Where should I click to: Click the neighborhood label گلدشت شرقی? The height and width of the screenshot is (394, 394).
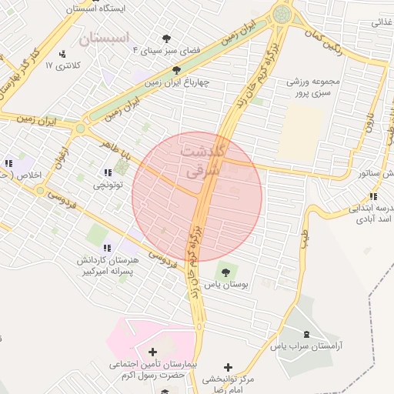[x=204, y=161]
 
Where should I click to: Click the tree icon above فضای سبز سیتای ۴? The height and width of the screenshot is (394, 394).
[x=167, y=37]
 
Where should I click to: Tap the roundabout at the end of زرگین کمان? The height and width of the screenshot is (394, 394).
[x=280, y=14]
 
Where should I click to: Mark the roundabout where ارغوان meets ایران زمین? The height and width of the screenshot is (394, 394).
[x=79, y=129]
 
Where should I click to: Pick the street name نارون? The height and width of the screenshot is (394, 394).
[x=368, y=121]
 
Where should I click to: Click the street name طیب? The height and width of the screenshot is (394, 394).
[x=303, y=229]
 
